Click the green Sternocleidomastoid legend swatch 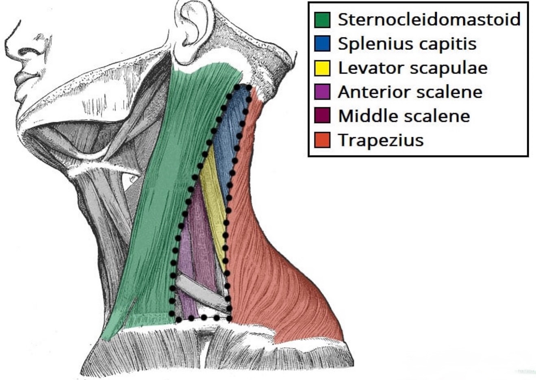coord(322,20)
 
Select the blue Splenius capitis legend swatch coord(322,43)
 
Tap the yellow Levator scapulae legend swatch coord(322,68)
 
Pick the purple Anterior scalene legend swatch coord(322,92)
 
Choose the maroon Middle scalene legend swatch coord(322,115)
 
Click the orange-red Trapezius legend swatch coord(322,140)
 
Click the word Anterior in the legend coord(375,92)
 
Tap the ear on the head coord(191,31)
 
